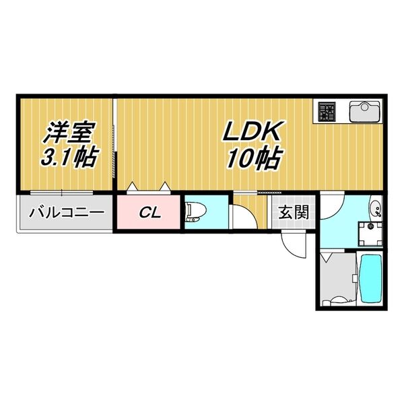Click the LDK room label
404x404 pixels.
(x=255, y=133)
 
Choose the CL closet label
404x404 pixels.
(x=151, y=213)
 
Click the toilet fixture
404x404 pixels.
(x=196, y=211)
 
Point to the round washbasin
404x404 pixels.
(x=376, y=207)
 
